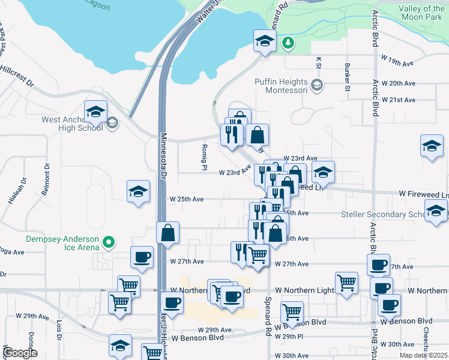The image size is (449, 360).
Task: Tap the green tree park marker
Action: pyautogui.click(x=289, y=42)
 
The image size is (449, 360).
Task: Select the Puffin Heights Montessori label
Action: pyautogui.click(x=281, y=86)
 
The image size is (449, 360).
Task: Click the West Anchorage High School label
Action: pyautogui.click(x=71, y=124)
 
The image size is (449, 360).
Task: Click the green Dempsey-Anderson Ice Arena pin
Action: pyautogui.click(x=108, y=242)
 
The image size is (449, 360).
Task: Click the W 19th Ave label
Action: pyautogui.click(x=398, y=64)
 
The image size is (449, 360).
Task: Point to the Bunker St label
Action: pyautogui.click(x=347, y=77)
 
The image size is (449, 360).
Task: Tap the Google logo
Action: pyautogui.click(x=19, y=352)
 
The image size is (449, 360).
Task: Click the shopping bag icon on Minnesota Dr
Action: pyautogui.click(x=168, y=232)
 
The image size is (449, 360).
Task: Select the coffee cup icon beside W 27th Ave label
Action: pyautogui.click(x=142, y=257)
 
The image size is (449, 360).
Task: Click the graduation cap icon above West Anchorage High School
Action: pyautogui.click(x=95, y=111)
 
